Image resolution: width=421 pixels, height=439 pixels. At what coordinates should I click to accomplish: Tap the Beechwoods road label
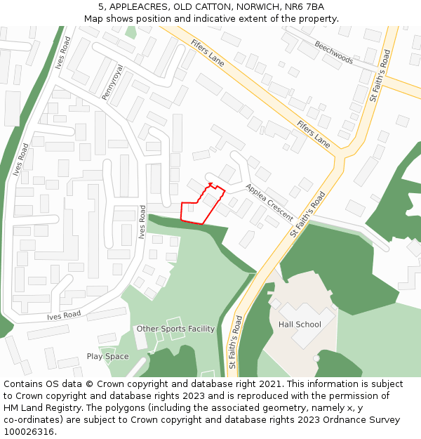click(333, 53)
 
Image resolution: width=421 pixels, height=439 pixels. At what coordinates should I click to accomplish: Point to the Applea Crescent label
click(269, 202)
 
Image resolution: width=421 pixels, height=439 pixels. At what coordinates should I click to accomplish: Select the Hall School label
click(300, 325)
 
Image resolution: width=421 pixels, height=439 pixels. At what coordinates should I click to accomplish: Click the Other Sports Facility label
click(175, 329)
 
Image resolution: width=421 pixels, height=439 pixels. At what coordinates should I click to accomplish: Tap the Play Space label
click(107, 356)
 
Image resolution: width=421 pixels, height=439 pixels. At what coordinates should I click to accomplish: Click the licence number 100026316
click(29, 432)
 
